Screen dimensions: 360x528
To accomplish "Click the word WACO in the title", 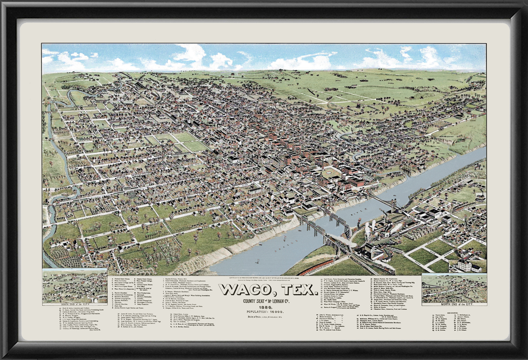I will pos(243,291).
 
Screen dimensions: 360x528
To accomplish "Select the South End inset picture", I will pos(75,286).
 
